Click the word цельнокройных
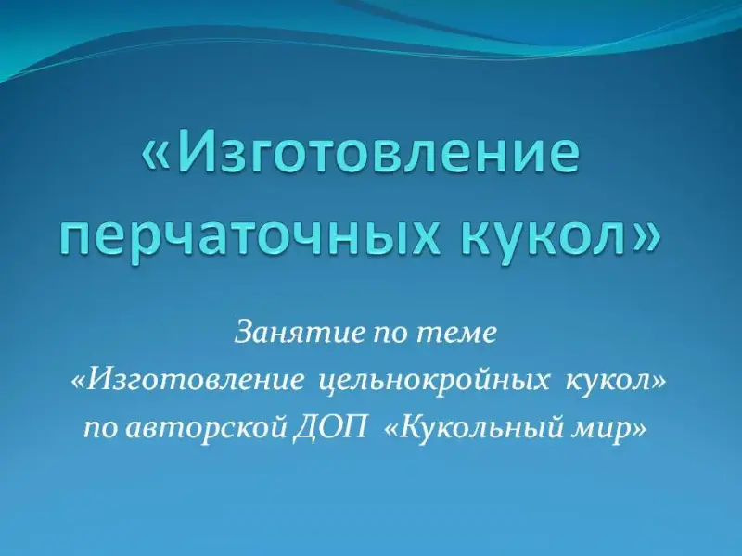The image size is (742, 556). point(435,383)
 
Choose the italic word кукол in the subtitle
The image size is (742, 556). point(607,381)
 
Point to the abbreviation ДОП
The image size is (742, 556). point(329,427)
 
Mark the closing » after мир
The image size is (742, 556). point(639,429)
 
